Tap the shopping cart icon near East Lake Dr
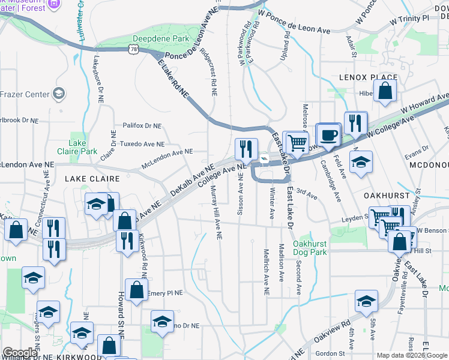(x=296, y=143)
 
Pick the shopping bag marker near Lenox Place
(x=385, y=92)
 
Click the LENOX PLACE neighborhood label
(x=368, y=77)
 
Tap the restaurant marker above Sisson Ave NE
(x=246, y=148)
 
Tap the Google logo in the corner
(x=20, y=353)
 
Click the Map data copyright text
(x=411, y=355)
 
